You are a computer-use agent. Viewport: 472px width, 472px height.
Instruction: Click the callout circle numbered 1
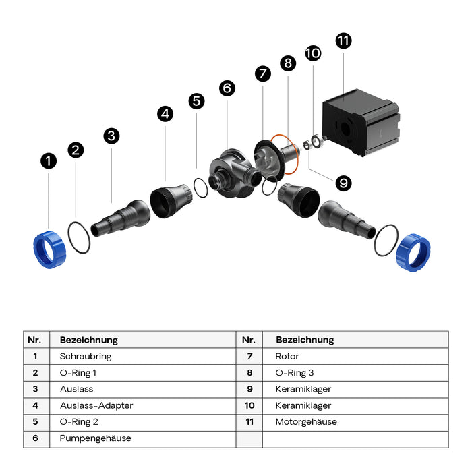(x=48, y=161)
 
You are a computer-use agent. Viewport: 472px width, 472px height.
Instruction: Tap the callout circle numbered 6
(x=227, y=88)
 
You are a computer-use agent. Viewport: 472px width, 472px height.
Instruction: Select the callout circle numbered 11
(x=343, y=40)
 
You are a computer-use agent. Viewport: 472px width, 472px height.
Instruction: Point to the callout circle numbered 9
(x=343, y=182)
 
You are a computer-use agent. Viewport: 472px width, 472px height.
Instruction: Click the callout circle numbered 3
(x=112, y=136)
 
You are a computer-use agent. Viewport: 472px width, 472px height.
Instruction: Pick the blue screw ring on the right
(x=413, y=249)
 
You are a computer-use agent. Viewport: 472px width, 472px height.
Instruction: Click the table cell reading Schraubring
(x=86, y=356)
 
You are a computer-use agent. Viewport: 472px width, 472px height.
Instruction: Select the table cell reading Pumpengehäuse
(x=96, y=438)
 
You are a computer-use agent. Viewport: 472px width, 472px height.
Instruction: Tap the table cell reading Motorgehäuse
(x=306, y=422)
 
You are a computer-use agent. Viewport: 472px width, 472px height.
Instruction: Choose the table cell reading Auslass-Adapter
(x=96, y=405)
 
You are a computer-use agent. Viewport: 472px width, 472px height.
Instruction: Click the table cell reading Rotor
(x=287, y=356)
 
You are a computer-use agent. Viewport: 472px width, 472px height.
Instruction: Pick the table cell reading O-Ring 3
(x=295, y=372)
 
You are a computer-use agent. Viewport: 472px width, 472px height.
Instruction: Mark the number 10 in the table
(x=249, y=405)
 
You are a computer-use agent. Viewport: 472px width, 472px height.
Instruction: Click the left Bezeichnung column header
(x=89, y=340)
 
